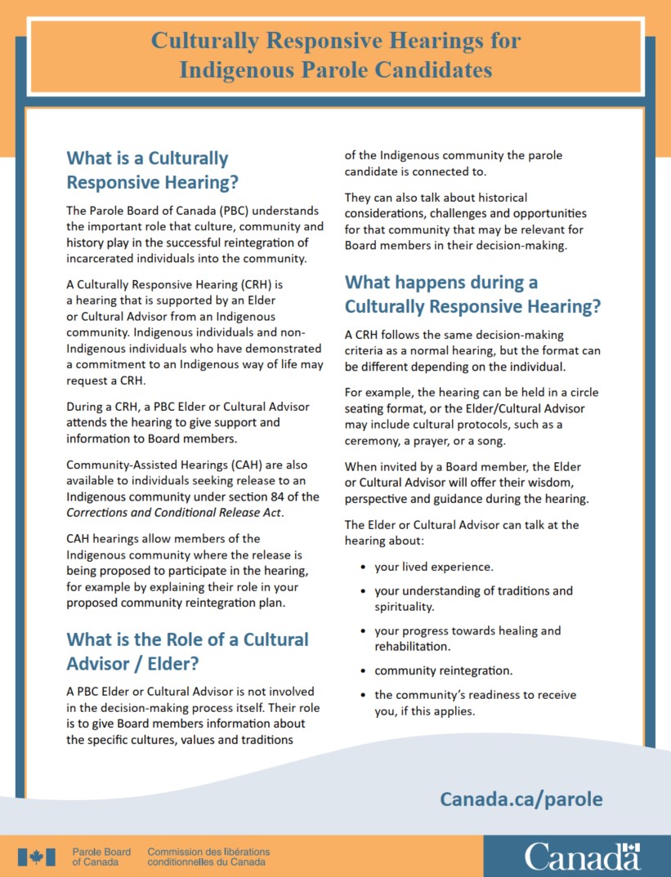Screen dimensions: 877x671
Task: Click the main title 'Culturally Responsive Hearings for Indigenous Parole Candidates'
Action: [335, 55]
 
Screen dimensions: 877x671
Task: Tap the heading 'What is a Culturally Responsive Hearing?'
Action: [152, 170]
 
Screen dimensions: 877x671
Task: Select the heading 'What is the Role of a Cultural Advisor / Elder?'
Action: [187, 651]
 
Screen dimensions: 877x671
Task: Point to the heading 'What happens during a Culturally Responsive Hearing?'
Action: [472, 295]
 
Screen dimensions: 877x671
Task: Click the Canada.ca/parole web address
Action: [521, 798]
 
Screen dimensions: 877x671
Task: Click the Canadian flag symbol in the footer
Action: [37, 857]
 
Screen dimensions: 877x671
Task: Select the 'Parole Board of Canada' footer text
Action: [101, 857]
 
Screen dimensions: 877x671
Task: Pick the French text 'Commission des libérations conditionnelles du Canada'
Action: [208, 857]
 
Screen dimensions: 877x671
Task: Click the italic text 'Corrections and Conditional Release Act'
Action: [173, 512]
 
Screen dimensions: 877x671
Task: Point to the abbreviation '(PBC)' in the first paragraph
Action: [208, 211]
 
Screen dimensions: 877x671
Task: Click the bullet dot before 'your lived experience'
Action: [362, 567]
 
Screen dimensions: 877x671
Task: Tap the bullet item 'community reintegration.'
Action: [444, 670]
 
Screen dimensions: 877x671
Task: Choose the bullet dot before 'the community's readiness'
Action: [362, 695]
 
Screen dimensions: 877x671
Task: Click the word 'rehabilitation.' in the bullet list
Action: [413, 646]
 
